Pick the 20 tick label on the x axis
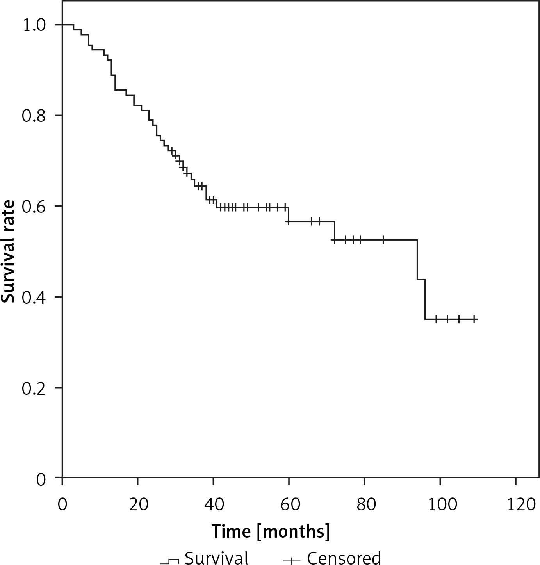pyautogui.click(x=138, y=505)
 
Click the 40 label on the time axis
pyautogui.click(x=214, y=505)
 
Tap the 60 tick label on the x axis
pyautogui.click(x=289, y=505)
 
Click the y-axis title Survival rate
pyautogui.click(x=8, y=251)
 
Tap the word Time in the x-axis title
pyautogui.click(x=232, y=531)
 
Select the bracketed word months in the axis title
pyautogui.click(x=293, y=532)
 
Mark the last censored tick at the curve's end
pyautogui.click(x=474, y=319)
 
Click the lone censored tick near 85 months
pyautogui.click(x=383, y=240)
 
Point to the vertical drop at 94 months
pyautogui.click(x=417, y=260)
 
